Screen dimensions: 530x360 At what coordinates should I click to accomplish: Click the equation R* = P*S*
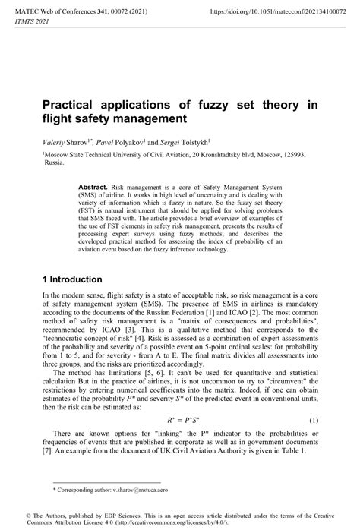[181, 418]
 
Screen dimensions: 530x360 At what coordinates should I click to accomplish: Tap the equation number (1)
[313, 418]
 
